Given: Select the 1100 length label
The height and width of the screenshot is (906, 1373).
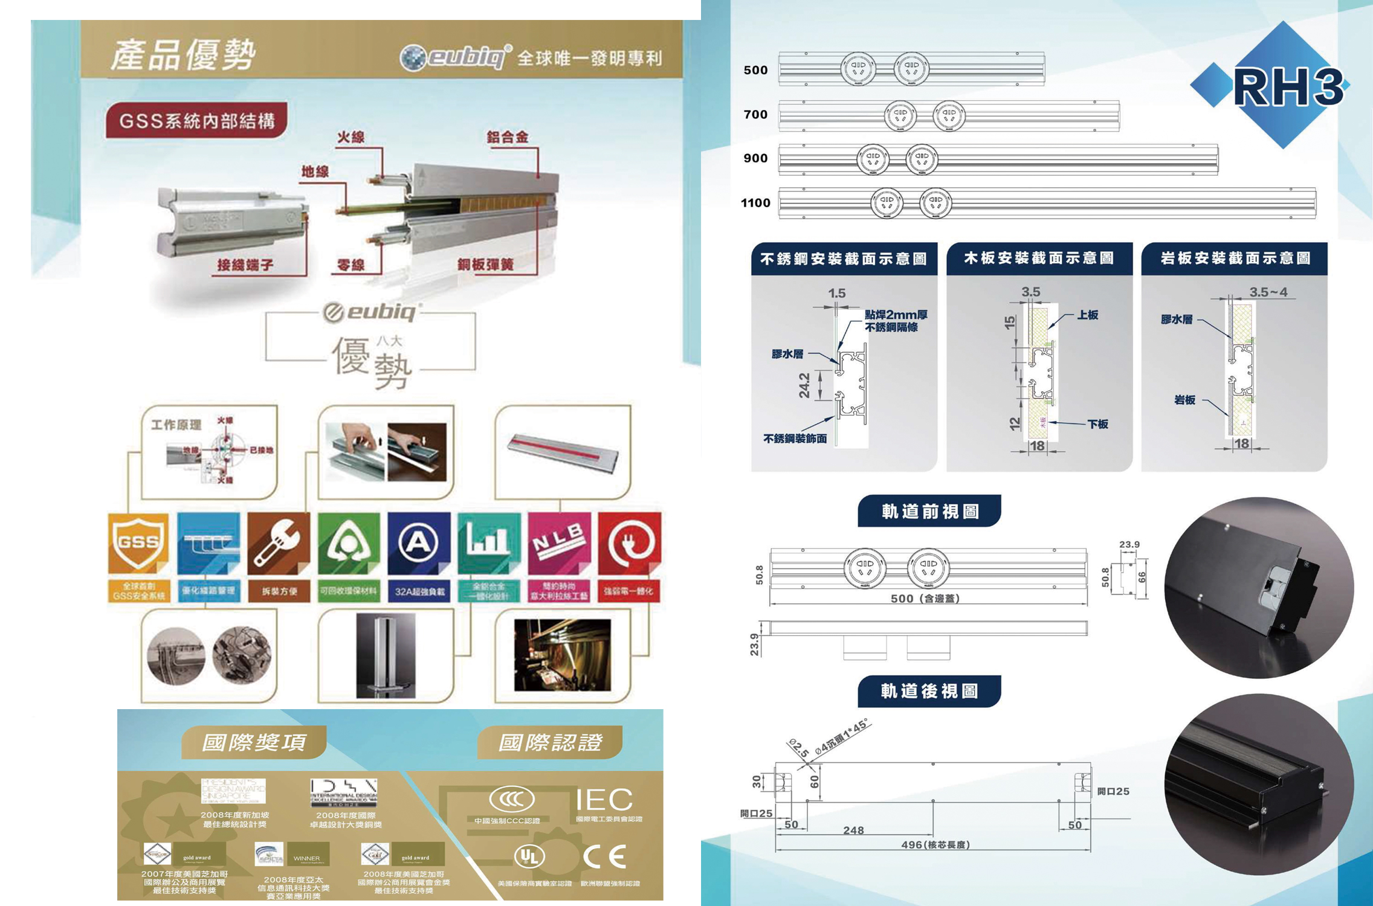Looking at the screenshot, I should click(x=755, y=203).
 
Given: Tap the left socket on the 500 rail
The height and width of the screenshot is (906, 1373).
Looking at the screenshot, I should click(x=858, y=69).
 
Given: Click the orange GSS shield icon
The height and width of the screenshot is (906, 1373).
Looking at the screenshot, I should click(x=138, y=542).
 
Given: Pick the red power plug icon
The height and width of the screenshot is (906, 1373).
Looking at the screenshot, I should click(x=629, y=542).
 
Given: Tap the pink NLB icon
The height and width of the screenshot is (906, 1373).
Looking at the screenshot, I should click(x=559, y=542).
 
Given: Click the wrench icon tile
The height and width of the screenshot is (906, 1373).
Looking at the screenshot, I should click(x=279, y=542).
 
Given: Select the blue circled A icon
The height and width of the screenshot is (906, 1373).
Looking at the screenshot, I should click(x=419, y=542).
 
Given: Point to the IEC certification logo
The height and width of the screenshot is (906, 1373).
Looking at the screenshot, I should click(x=604, y=800).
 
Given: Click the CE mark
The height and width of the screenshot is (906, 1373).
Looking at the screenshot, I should click(x=605, y=856).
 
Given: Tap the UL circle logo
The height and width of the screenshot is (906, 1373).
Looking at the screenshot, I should click(x=529, y=856).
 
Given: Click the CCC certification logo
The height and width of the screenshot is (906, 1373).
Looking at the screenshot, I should click(x=511, y=799).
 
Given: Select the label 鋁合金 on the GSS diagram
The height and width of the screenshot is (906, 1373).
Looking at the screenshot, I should click(x=508, y=137).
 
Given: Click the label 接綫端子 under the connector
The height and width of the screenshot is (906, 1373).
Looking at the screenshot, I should click(x=245, y=265).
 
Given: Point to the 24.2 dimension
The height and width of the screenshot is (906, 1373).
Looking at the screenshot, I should click(x=804, y=385).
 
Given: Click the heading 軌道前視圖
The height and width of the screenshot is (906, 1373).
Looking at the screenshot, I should click(x=929, y=512).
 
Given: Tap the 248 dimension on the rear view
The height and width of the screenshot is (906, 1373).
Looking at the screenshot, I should click(x=853, y=830).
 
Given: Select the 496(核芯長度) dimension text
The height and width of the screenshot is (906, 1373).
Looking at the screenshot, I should click(x=935, y=844).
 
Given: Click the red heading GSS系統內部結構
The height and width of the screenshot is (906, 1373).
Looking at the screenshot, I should click(x=197, y=121).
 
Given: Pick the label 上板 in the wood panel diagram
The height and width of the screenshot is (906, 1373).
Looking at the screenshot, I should click(x=1087, y=315).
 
